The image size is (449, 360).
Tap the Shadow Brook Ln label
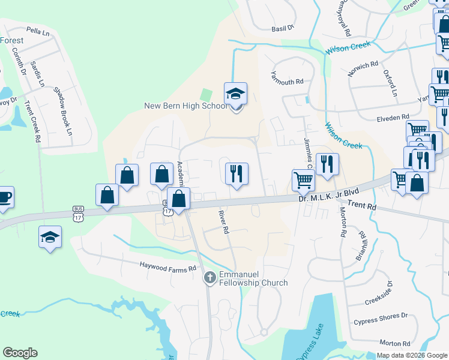pos(62,111)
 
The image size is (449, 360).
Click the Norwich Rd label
pos(363,70)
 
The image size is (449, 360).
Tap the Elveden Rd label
pos(393,116)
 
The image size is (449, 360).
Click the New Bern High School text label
pos(185,106)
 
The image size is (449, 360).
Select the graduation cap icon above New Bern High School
pos(235,94)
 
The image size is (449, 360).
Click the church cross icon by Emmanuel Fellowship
pos(209,277)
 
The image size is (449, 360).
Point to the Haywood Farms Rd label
pos(168,266)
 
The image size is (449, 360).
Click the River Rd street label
pos(223,221)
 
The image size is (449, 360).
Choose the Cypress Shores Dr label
pos(380,316)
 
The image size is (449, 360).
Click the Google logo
pos(20,353)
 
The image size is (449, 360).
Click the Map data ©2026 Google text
pos(412,355)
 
